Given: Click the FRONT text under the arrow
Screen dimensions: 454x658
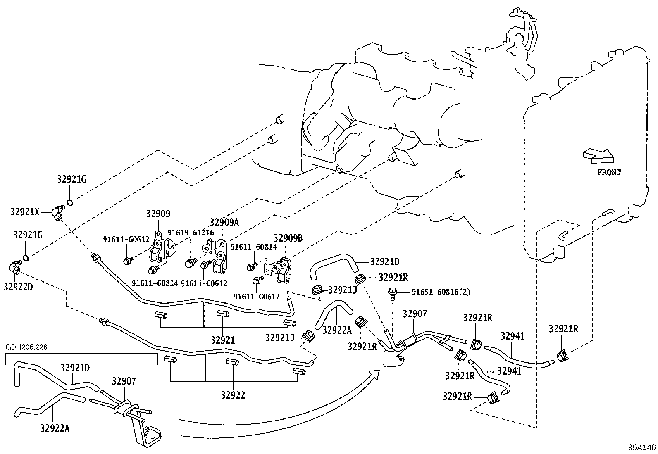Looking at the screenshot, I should (609, 173).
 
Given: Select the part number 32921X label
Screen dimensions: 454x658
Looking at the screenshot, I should (25, 212).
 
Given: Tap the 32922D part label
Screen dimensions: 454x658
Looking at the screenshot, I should (18, 286).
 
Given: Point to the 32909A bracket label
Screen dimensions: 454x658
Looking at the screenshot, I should (224, 222).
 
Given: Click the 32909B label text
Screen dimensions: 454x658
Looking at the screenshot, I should (288, 238).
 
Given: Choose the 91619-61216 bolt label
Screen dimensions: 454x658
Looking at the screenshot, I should (191, 233).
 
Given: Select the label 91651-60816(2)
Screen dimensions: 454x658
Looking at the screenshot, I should (441, 292).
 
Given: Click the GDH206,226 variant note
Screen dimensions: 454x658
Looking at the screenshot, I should (26, 347).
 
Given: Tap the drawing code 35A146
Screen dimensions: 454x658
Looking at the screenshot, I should (642, 448).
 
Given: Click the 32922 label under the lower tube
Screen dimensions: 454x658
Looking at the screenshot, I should (233, 395).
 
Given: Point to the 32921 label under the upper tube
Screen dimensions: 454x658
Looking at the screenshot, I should (223, 340).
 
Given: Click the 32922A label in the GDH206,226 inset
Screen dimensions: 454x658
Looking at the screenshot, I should (55, 428).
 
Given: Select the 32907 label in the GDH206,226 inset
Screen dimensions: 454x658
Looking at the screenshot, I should (124, 381).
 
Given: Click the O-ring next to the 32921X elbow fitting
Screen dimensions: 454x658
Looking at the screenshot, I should (69, 202).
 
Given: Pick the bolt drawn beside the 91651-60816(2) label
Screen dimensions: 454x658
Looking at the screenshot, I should (392, 293).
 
